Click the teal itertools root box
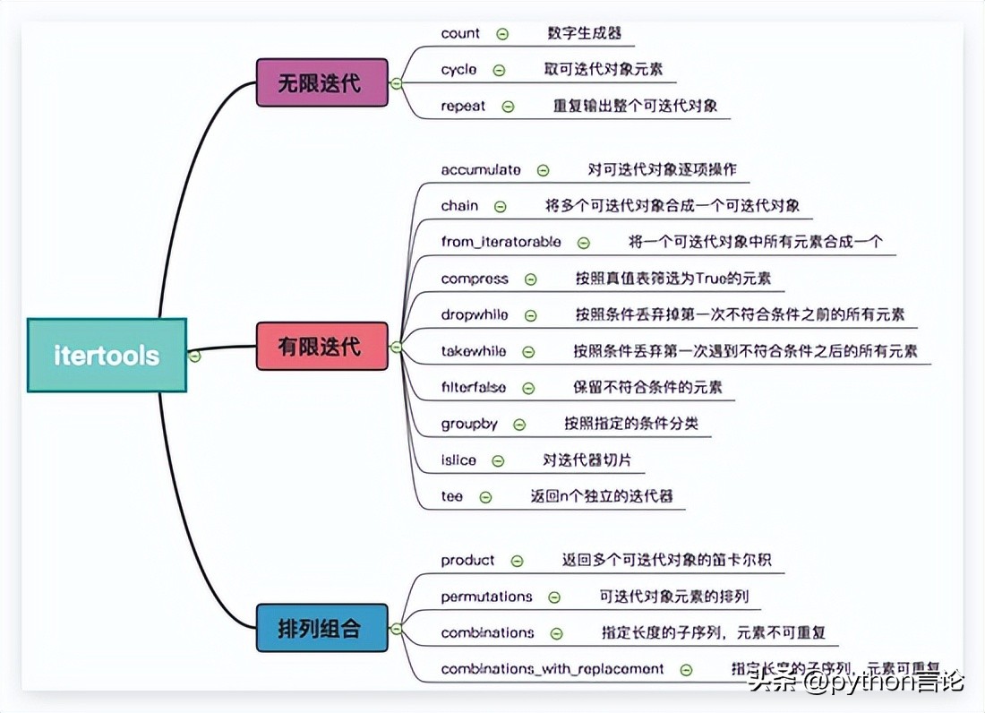coord(107,355)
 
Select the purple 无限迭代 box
coord(321,83)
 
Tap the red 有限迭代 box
coord(321,346)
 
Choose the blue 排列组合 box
coord(321,627)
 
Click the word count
coord(460,33)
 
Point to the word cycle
coord(458,69)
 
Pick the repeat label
coord(463,106)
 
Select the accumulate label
coord(480,169)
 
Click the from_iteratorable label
coord(501,242)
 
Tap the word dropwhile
coord(474,315)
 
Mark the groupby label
coord(468,424)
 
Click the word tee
coord(452,496)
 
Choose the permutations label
coord(486,597)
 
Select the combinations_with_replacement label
coord(552,669)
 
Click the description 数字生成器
coord(584,33)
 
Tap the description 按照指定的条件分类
coord(630,424)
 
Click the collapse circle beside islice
coord(498,461)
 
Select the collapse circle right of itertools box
coord(194,356)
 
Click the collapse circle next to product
coord(517,561)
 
